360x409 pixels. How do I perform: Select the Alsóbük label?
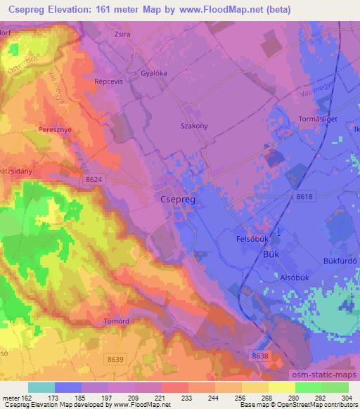tap(285, 276)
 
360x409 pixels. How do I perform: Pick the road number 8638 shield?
tap(259, 357)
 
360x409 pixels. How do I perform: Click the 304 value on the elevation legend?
tap(347, 397)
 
